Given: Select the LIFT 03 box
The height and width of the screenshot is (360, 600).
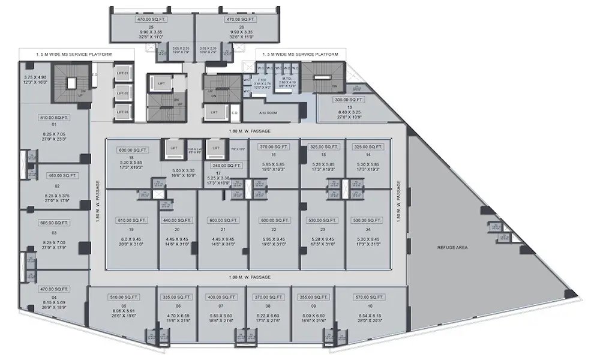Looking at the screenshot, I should point(122,112).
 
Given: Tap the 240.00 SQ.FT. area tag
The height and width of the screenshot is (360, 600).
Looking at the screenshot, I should point(226,166).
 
